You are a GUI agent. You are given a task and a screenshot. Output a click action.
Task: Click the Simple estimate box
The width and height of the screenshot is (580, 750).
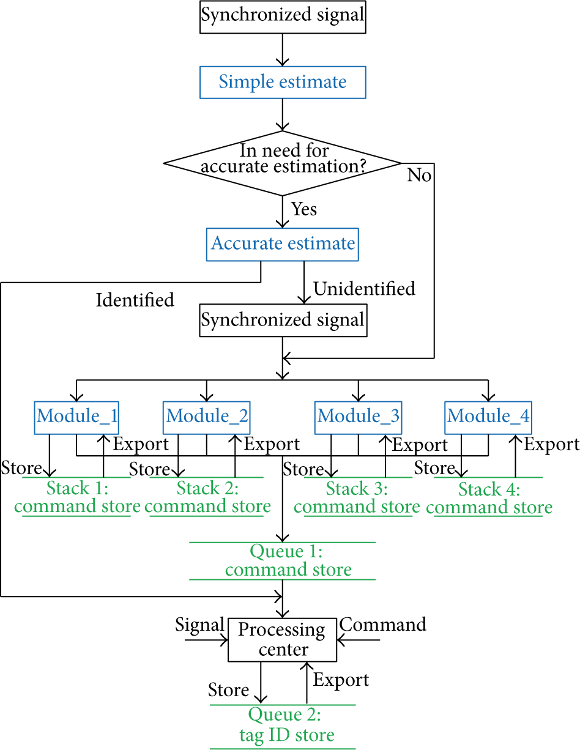(283, 83)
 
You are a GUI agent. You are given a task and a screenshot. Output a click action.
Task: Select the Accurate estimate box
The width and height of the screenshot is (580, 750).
(282, 244)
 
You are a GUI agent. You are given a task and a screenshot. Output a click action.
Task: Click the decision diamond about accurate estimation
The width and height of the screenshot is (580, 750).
(282, 163)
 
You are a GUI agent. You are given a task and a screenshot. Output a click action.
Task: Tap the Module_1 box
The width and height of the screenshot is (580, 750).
(76, 418)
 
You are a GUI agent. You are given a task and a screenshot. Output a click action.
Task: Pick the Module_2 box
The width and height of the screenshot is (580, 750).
(206, 418)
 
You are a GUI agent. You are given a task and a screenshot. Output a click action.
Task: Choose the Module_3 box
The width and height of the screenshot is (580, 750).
(358, 418)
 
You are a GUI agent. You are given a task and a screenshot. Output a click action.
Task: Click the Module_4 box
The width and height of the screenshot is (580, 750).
(488, 418)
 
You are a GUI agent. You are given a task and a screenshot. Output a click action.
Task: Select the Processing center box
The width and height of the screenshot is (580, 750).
(282, 640)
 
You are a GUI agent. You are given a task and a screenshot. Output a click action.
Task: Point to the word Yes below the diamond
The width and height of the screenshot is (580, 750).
(303, 209)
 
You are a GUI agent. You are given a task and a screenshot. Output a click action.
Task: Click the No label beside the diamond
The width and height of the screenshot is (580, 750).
(419, 175)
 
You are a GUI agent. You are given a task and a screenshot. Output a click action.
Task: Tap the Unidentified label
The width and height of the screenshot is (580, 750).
(364, 289)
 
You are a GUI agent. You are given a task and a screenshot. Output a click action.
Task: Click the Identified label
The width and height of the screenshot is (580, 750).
(135, 300)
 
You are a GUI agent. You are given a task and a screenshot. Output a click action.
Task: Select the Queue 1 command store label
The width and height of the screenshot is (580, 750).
(288, 560)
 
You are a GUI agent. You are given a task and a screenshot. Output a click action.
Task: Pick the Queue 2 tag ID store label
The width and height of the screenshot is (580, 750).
(286, 724)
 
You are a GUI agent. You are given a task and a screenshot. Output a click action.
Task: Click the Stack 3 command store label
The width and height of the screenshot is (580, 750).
(357, 497)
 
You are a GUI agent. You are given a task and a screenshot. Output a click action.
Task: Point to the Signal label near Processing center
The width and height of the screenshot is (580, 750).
(200, 625)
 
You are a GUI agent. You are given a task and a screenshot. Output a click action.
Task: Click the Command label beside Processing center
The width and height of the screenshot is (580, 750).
(382, 625)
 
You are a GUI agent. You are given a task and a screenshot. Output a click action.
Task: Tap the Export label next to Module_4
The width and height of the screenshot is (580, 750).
(552, 445)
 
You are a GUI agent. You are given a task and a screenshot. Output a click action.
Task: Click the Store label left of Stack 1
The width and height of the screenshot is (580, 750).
(21, 468)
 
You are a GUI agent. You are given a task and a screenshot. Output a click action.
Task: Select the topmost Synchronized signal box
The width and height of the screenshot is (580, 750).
(283, 17)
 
